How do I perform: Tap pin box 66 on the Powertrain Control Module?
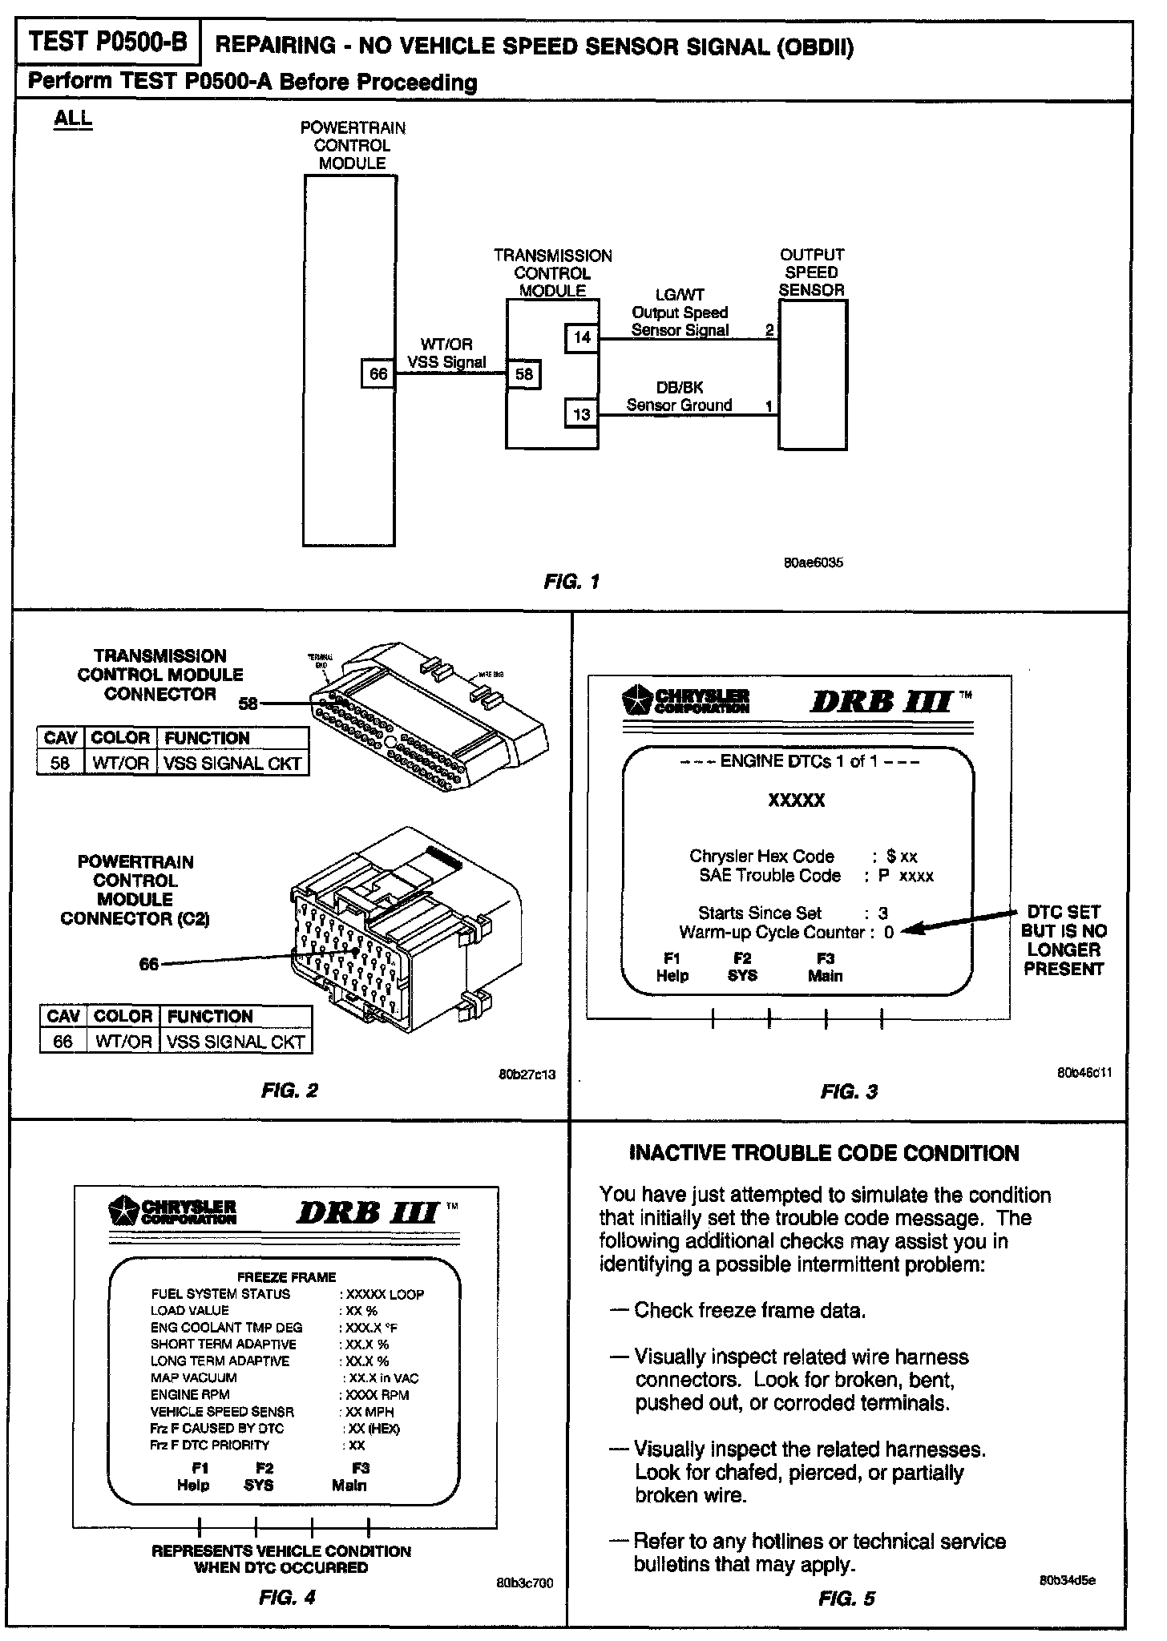378,373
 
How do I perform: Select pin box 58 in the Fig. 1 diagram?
524,374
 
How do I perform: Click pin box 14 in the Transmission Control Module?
582,337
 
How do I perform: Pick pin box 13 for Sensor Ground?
582,413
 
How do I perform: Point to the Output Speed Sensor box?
813,375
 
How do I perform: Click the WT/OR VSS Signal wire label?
446,353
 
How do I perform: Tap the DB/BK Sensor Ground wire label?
680,396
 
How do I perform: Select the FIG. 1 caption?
571,582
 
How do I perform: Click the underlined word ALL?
73,119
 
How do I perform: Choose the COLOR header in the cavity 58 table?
120,738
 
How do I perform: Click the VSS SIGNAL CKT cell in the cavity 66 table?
234,1042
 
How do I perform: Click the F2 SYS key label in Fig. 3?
743,967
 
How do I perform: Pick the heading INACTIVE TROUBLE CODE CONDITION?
824,1153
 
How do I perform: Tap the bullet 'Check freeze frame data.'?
749,1310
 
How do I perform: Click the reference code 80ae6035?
813,562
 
